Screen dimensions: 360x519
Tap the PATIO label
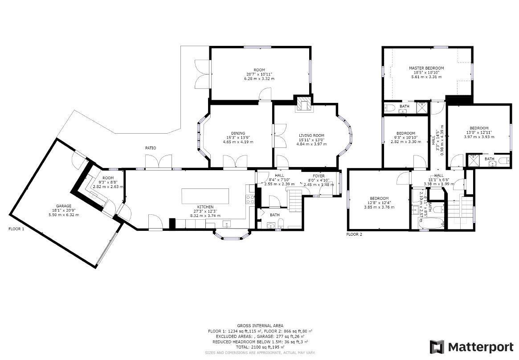[x=150, y=148]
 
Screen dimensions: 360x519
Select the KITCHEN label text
[x=206, y=207]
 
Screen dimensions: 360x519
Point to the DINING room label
[x=238, y=133]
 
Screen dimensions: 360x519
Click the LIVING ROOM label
[x=311, y=135]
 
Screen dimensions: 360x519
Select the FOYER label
[x=319, y=176]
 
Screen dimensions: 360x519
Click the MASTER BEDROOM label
[x=426, y=68]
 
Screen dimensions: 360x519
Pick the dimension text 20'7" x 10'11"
[x=259, y=74]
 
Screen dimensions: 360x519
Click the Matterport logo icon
[x=437, y=347]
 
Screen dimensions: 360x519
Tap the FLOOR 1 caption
[x=16, y=229]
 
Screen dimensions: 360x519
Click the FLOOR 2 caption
[x=354, y=234]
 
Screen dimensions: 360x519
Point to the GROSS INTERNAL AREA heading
[x=260, y=326]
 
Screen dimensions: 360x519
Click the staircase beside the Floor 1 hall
[x=294, y=199]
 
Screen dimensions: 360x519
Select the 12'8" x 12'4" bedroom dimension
[x=379, y=207]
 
